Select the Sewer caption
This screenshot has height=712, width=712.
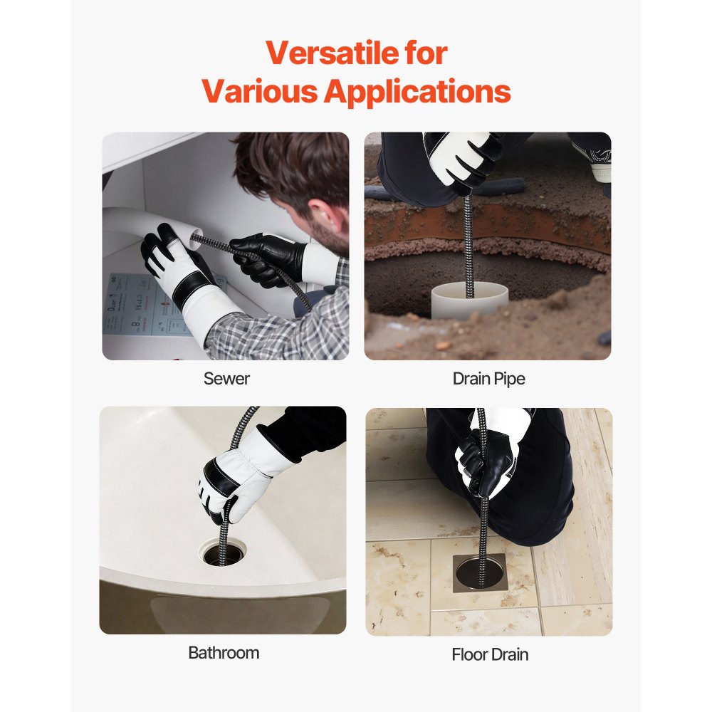[226, 379]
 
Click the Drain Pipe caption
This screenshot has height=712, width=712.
[488, 379]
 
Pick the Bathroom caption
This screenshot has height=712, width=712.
[224, 652]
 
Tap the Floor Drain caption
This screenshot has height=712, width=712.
[490, 654]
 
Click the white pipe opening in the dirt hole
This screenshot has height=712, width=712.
[471, 299]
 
